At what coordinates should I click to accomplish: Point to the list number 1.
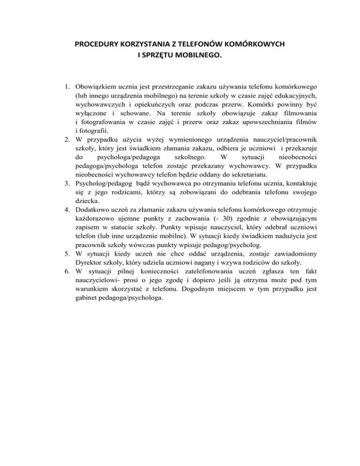(x=67, y=88)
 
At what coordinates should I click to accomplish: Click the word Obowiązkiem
(x=97, y=88)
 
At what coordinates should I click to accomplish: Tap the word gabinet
(x=88, y=303)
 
